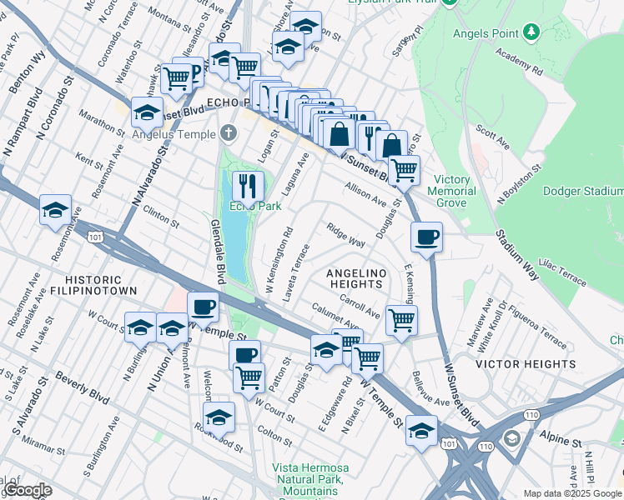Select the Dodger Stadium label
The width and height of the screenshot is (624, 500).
click(583, 191)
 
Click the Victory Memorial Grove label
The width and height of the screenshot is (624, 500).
click(452, 191)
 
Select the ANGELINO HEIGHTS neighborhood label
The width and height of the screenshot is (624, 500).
click(356, 278)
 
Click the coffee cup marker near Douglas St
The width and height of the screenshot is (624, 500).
click(426, 237)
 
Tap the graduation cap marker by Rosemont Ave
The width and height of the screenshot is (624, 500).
click(55, 209)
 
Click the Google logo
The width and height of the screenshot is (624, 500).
click(28, 490)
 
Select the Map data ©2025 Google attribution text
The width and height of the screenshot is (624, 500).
click(571, 493)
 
